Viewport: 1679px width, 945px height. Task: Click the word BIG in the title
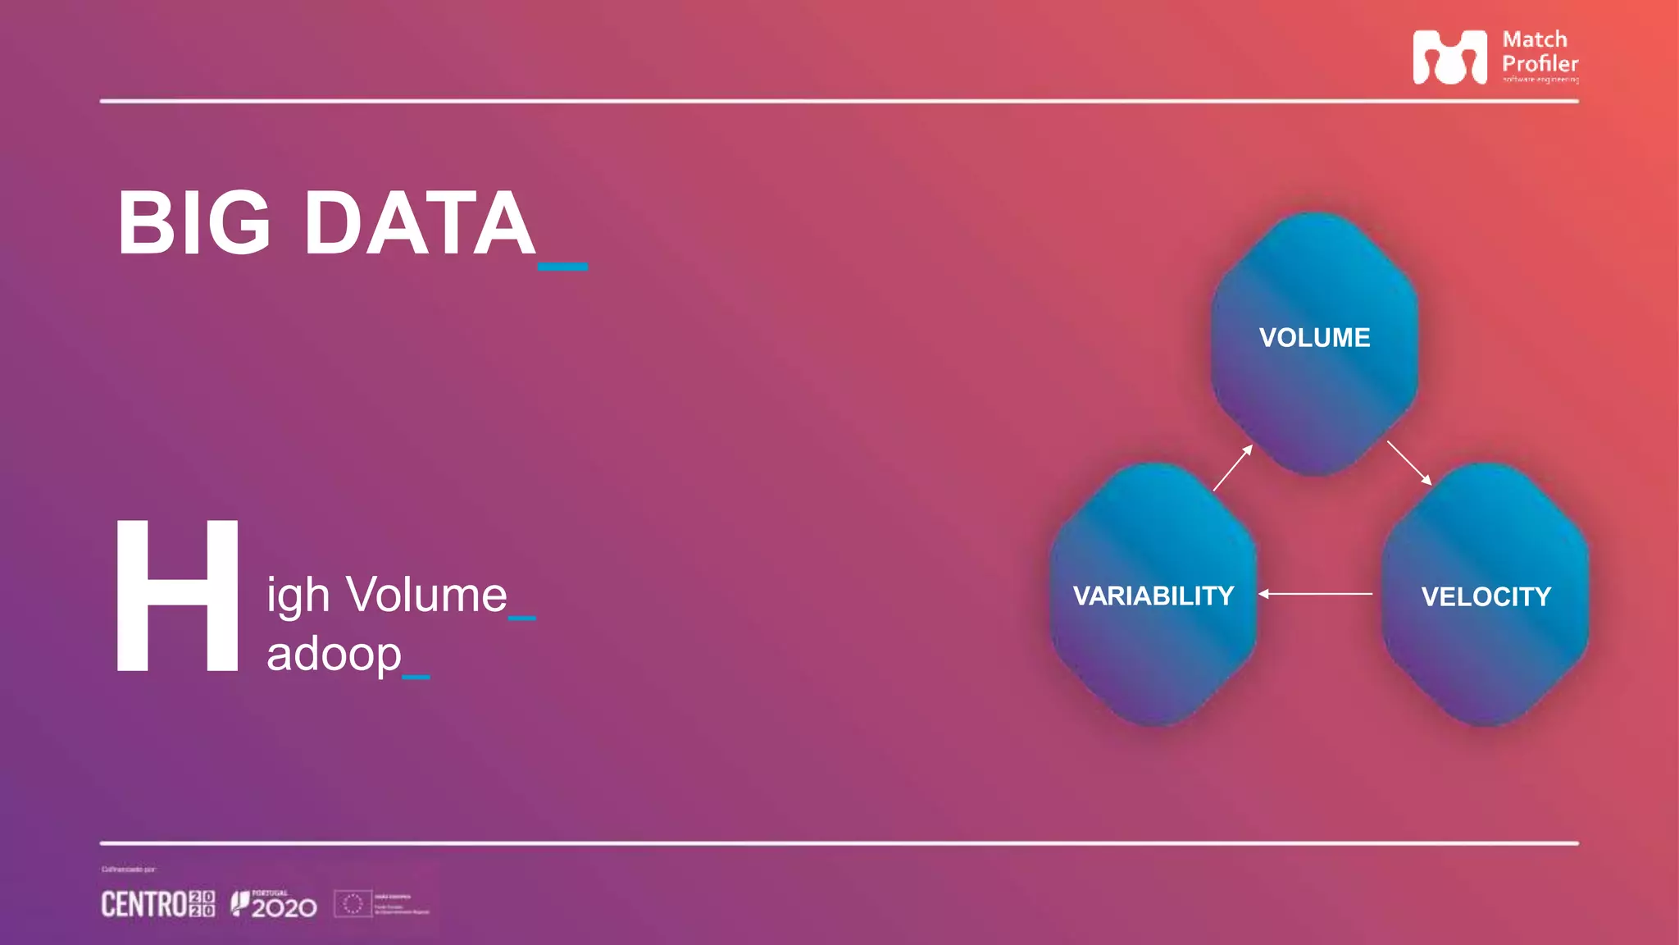[194, 223]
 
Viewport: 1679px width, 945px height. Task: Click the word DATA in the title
[420, 223]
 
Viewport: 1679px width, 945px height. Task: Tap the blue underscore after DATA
[562, 267]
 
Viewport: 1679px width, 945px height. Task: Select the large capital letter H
[177, 596]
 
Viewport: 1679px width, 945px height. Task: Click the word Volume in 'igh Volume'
[426, 595]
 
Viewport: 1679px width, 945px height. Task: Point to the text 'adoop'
[334, 655]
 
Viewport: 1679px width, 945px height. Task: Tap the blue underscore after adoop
[416, 677]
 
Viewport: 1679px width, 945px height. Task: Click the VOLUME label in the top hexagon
[1314, 338]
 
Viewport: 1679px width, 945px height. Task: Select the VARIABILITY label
[1153, 596]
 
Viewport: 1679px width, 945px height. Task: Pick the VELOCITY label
[1486, 596]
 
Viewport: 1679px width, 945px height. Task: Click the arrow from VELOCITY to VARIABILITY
[1315, 593]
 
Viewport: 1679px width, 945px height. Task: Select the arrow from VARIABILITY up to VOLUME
[1233, 468]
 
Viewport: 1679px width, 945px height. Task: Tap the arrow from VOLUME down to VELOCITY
[1409, 463]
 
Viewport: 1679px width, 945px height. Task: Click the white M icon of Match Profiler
[1449, 57]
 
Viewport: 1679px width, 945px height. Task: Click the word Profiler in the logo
[1540, 63]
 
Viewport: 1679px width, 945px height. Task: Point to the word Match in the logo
[1534, 39]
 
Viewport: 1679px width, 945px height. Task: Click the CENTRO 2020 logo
[158, 904]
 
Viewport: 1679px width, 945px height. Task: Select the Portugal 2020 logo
[274, 904]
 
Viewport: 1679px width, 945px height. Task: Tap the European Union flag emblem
[353, 904]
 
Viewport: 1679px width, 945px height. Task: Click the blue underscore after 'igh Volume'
[521, 618]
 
